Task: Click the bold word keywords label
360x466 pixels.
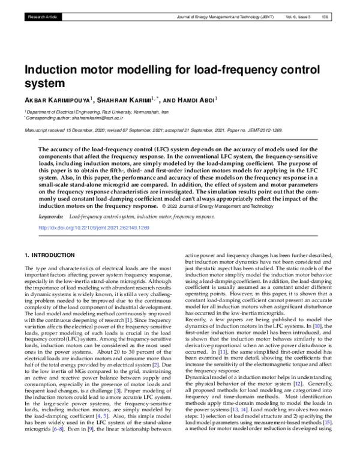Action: click(x=51, y=215)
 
